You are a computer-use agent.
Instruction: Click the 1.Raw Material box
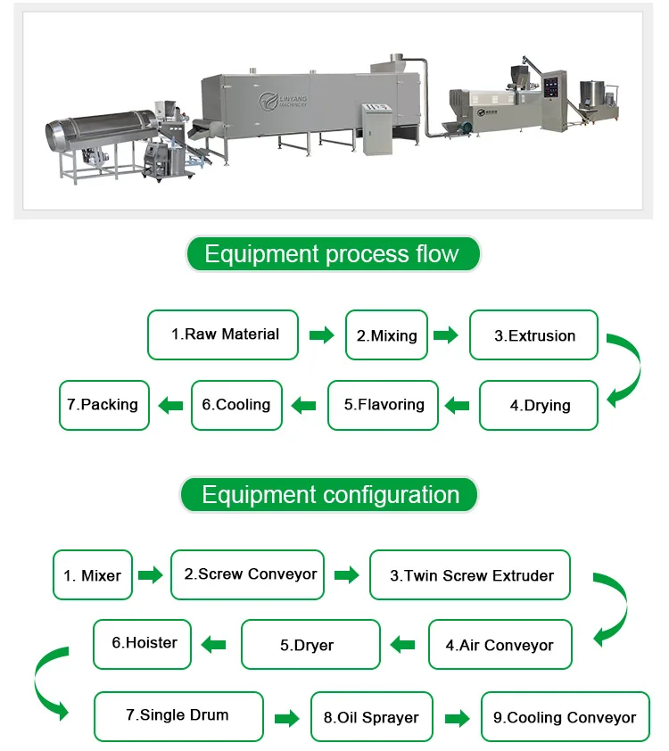[x=223, y=334]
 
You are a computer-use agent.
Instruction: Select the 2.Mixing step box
[x=386, y=335]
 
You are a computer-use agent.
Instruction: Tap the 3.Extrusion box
[x=534, y=335]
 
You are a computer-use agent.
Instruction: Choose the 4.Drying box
[x=540, y=405]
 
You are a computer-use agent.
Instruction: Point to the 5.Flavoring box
[x=384, y=405]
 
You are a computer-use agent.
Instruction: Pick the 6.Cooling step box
[x=236, y=405]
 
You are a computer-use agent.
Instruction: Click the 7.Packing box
[x=103, y=405]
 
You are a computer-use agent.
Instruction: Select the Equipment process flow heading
[x=332, y=254]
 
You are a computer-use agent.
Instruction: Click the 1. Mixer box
[x=93, y=575]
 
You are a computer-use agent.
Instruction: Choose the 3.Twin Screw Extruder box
[x=470, y=575]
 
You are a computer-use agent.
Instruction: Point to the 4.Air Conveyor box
[x=500, y=644]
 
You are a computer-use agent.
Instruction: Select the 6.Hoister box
[x=143, y=643]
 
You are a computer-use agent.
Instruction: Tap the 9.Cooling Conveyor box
[x=565, y=716]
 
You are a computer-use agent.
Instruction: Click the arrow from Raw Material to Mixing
[x=321, y=335]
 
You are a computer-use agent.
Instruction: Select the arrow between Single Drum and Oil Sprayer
[x=286, y=718]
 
